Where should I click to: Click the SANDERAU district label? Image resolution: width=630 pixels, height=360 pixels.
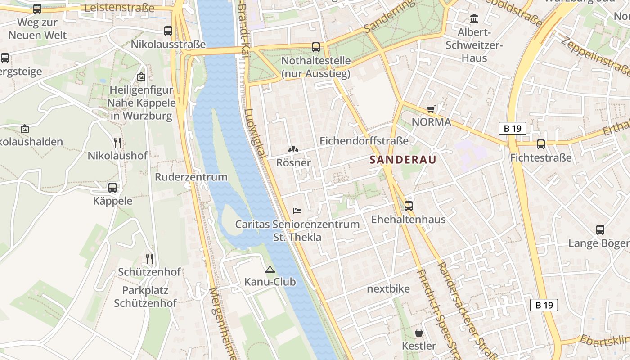pos(403,159)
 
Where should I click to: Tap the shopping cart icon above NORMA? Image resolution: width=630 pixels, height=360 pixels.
pos(431,108)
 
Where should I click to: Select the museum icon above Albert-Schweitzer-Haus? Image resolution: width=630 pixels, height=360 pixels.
pos(474,19)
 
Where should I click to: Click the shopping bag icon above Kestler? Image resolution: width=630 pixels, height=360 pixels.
pos(419,333)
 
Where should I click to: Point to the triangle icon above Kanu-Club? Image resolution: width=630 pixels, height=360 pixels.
pos(270,269)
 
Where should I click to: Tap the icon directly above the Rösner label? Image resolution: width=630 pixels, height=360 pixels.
pos(293,149)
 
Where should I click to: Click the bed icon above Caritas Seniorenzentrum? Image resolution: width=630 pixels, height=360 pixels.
pos(297,210)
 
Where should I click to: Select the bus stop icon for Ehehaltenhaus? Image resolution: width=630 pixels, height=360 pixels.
pos(409,206)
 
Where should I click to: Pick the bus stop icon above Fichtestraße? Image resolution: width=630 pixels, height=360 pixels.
pos(541,144)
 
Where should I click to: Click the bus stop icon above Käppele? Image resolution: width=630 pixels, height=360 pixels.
pos(112,188)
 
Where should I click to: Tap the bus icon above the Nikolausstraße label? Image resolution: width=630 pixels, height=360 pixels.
pos(168,31)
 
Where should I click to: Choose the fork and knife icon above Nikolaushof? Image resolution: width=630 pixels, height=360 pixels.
pos(117,143)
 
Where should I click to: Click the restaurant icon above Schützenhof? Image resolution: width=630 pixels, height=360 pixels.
pos(149,259)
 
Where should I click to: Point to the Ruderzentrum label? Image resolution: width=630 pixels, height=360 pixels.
pos(191,177)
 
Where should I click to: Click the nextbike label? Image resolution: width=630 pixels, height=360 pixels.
pos(388,288)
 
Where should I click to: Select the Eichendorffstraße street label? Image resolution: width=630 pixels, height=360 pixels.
pos(364,140)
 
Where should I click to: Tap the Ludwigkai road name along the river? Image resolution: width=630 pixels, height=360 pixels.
pos(255,133)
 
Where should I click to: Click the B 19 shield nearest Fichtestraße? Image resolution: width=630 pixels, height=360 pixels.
pos(512,128)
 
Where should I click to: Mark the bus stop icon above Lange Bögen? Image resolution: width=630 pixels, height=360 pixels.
pos(600,230)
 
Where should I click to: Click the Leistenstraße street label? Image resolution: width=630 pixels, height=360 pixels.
pos(119,8)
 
